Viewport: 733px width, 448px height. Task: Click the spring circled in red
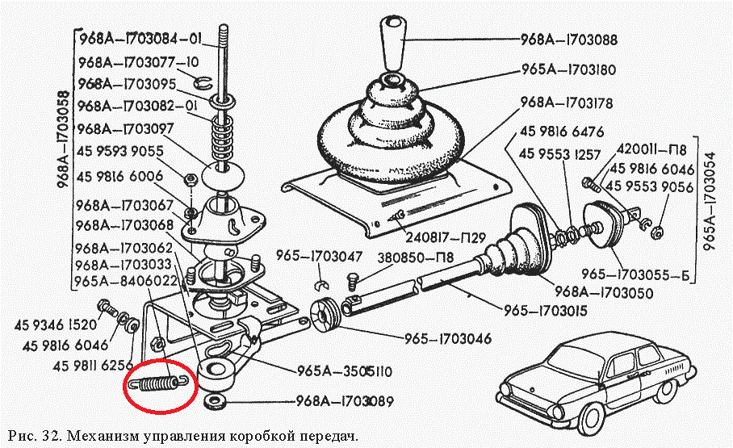point(158,383)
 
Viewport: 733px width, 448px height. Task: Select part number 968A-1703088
point(568,39)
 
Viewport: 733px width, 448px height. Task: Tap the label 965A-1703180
point(568,70)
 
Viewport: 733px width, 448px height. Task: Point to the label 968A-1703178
point(568,103)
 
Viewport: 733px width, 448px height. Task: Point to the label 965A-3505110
point(346,372)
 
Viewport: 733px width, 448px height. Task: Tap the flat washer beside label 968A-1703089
point(214,401)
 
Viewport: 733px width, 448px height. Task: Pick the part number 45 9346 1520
point(55,326)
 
